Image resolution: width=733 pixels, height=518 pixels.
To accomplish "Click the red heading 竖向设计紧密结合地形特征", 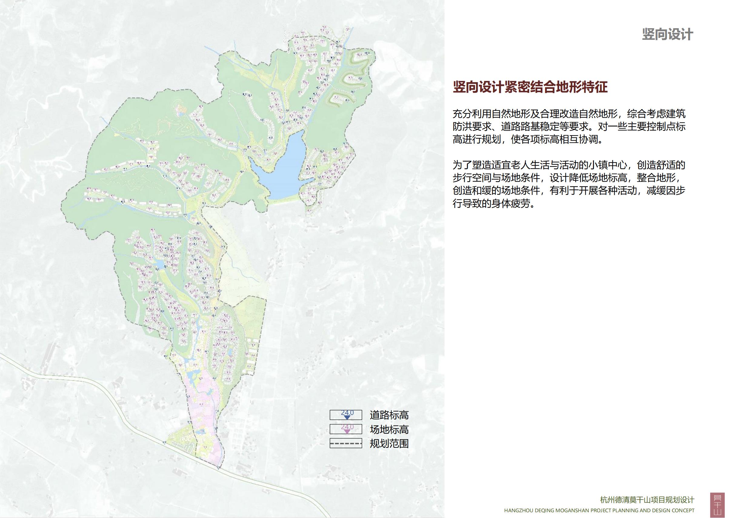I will pos(530,87).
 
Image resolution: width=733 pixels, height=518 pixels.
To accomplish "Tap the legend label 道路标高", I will pos(389,415).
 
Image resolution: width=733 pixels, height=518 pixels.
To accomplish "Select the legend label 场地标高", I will pos(389,429).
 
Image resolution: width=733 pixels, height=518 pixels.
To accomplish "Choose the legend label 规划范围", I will pos(389,444).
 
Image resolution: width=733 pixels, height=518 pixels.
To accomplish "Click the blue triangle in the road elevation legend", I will pos(347,417).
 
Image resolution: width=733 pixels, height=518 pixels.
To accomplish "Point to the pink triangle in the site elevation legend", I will pos(347,431).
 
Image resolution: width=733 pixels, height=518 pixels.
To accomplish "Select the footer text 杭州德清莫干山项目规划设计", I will pos(647,500).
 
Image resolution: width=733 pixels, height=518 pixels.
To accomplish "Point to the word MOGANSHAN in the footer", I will pos(571,510).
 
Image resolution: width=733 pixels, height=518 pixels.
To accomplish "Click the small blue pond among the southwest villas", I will pos(159,264).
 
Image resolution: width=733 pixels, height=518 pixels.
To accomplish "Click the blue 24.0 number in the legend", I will pos(347,412).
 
